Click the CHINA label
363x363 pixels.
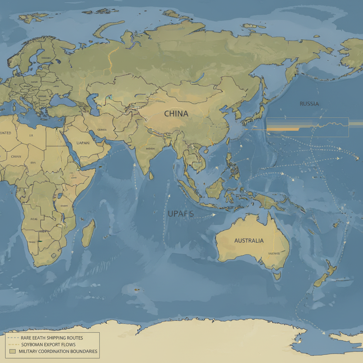point(176,114)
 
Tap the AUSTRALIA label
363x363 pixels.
point(249,241)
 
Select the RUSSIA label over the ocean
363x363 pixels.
point(309,104)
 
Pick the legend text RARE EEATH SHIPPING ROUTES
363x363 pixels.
point(52,338)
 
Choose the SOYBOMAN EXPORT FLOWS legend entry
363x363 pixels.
point(48,345)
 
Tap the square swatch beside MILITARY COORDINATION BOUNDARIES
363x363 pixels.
point(13,351)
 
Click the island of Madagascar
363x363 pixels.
point(88,233)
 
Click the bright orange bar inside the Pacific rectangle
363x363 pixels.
point(283,129)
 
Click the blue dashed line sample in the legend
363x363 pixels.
point(13,338)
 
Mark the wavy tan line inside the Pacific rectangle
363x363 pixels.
point(330,124)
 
